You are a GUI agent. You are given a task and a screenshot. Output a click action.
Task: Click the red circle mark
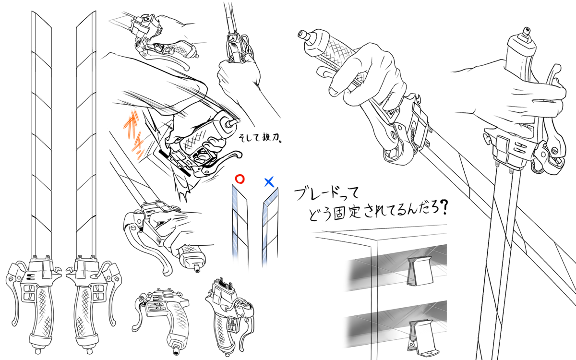click(x=240, y=179)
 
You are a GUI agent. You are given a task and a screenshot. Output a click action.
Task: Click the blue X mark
click(x=269, y=182)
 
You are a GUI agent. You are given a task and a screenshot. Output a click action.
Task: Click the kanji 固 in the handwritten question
click(x=339, y=213)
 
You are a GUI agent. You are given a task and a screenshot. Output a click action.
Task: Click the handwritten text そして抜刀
click(x=260, y=138)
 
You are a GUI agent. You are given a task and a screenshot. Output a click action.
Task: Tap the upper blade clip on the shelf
click(x=419, y=271)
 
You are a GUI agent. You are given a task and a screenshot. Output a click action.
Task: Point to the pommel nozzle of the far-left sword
click(x=38, y=351)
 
